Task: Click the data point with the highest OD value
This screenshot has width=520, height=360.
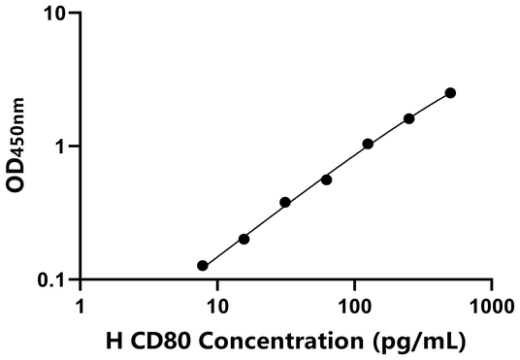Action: coord(450,93)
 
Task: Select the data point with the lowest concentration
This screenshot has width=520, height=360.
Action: coord(202,265)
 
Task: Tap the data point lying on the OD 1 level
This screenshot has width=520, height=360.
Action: coord(368,144)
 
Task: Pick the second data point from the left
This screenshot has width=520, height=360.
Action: coord(244,239)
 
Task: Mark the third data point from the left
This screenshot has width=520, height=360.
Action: coord(285,202)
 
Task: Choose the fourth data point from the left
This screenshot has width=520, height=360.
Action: coord(326,180)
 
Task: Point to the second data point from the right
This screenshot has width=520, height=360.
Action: coord(408,118)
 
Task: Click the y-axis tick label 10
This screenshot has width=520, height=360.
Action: coord(54,15)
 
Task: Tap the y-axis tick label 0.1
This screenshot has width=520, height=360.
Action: coord(50,280)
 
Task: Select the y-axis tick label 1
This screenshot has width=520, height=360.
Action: coord(60,147)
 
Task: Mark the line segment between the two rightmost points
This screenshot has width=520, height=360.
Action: coord(430,106)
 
